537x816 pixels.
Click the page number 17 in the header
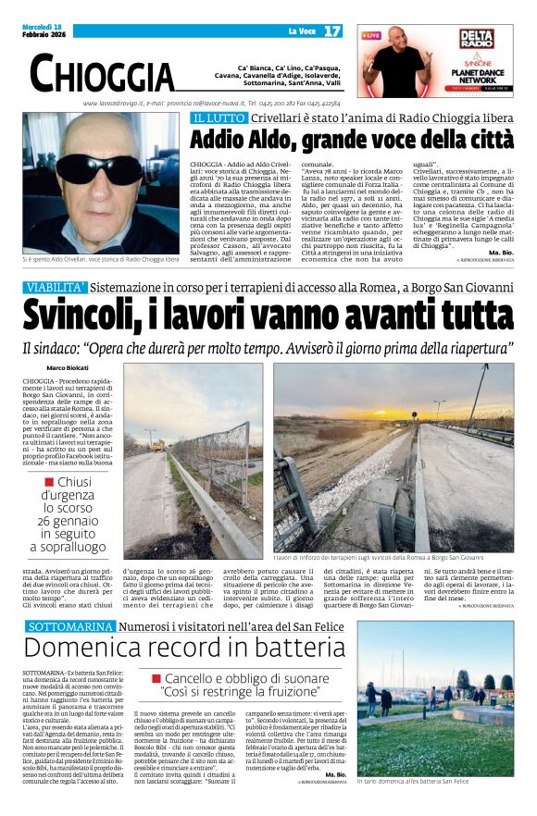[x=332, y=31]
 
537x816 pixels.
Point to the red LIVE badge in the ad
[x=372, y=35]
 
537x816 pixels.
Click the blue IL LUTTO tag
[x=219, y=118]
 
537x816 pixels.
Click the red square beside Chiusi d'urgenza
[x=48, y=481]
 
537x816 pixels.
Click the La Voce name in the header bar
[x=302, y=31]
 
